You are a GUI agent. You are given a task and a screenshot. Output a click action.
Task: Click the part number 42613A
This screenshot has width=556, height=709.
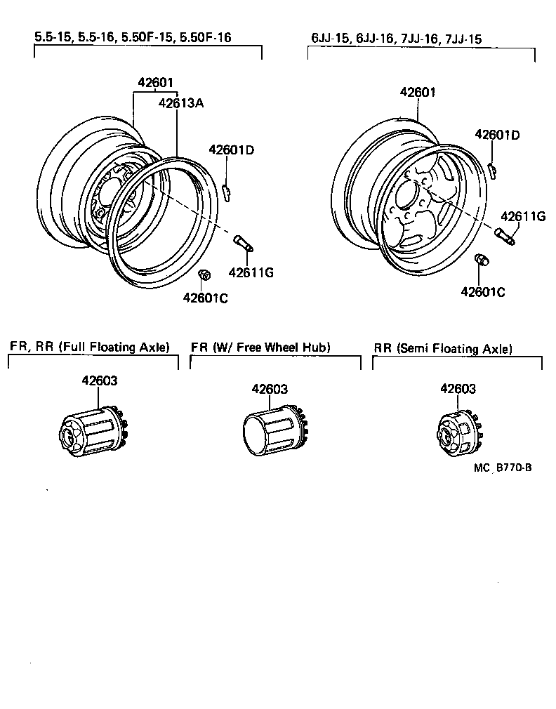[x=180, y=102]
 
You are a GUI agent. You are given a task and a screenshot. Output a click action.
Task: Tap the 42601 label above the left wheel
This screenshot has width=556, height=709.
[x=155, y=83]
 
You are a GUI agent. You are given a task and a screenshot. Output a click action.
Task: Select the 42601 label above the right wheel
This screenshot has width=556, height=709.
[x=418, y=92]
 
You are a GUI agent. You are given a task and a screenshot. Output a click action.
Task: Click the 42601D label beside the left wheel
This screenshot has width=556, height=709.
[x=232, y=150]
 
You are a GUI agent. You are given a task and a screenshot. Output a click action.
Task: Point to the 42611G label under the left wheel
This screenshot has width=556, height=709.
[x=251, y=272]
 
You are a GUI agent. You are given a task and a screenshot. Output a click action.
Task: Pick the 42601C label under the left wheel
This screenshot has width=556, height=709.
[x=206, y=298]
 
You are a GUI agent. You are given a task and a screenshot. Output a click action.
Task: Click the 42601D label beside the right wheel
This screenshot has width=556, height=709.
[x=497, y=135]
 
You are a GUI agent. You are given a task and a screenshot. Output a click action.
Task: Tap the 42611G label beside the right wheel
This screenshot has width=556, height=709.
[x=523, y=216]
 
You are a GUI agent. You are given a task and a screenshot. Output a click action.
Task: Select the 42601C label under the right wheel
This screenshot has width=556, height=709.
[x=483, y=291]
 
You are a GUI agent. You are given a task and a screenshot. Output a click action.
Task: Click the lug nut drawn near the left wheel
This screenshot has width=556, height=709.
[x=205, y=274]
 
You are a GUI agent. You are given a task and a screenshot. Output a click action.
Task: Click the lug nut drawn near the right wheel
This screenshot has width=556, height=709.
[x=482, y=261]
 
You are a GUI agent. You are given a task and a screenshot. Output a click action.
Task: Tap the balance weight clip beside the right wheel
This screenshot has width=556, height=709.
[x=494, y=169]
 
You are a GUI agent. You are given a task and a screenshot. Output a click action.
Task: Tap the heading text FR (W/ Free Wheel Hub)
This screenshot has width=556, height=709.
[x=260, y=347]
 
